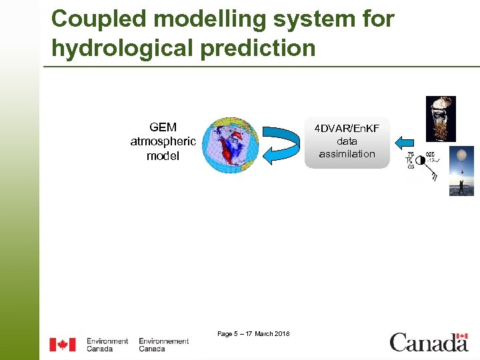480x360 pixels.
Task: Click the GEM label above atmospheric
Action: tap(163, 127)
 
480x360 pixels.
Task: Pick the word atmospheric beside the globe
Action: tap(163, 141)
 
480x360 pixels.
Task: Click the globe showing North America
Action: tap(229, 145)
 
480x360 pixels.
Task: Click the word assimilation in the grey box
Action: tap(347, 154)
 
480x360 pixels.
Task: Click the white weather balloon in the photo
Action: tap(460, 158)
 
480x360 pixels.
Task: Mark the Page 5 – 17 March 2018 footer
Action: tap(253, 333)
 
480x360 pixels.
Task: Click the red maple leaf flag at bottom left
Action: tap(63, 345)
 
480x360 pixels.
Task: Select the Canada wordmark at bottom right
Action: tap(429, 343)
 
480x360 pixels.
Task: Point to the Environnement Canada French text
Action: tap(163, 345)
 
